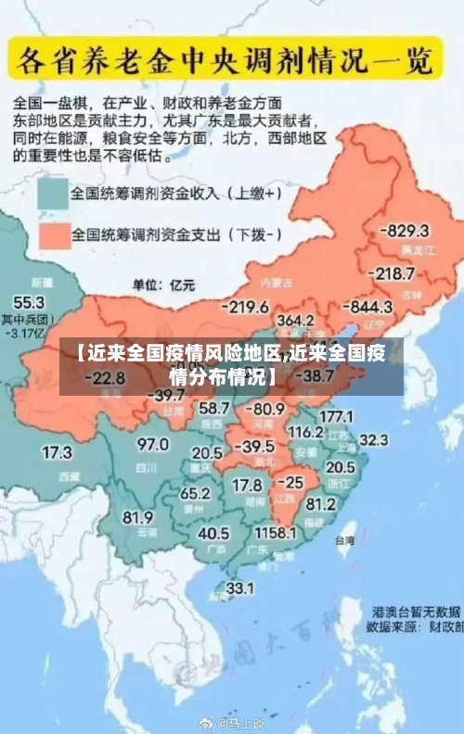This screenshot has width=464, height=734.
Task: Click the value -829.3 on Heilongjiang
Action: click(407, 231)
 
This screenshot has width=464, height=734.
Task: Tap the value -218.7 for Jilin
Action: click(392, 273)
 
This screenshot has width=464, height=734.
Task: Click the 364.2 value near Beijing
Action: click(295, 320)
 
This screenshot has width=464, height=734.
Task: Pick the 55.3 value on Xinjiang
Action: click(28, 302)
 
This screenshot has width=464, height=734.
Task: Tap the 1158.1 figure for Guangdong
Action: click(276, 533)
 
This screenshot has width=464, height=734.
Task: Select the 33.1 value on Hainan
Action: click(240, 588)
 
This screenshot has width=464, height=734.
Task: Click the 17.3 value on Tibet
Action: click(57, 453)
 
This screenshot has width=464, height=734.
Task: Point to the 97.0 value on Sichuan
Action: click(153, 444)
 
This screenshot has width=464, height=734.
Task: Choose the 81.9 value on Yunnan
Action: click(137, 516)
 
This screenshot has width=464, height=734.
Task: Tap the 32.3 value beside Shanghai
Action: click(373, 439)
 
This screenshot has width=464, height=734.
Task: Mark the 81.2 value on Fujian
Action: click(320, 505)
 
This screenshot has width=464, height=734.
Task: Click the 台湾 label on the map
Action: click(344, 538)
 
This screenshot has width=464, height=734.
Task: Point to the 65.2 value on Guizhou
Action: click(195, 493)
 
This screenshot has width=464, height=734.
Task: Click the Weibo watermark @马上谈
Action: click(239, 722)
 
